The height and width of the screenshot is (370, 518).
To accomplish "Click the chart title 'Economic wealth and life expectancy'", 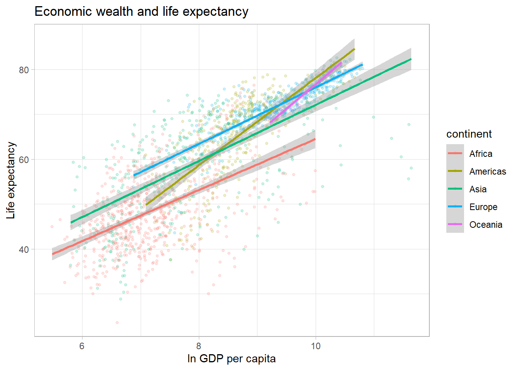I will click(x=141, y=12).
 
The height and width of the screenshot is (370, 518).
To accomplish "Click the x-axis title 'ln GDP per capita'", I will click(x=231, y=358).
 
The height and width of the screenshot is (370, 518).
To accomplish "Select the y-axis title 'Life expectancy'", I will click(x=11, y=180).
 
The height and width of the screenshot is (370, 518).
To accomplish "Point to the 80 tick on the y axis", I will click(x=24, y=70).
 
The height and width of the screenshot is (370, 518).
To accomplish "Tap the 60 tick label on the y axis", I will click(x=24, y=160).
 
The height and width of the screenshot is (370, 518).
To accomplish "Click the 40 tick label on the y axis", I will click(x=24, y=249).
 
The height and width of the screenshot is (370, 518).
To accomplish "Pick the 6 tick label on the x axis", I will click(x=82, y=346).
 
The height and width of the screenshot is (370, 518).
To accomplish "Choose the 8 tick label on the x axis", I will click(x=199, y=346).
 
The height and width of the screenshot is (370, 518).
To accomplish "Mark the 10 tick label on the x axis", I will click(x=316, y=346).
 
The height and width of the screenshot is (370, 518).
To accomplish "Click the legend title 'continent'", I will click(x=469, y=134).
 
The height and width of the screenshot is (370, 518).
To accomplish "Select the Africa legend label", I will click(x=481, y=154).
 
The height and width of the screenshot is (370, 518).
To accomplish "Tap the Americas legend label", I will click(x=488, y=172).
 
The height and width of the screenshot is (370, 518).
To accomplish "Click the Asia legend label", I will click(x=478, y=189).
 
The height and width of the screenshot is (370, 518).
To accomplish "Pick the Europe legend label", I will click(x=483, y=207).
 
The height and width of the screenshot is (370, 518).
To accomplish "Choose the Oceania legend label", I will click(x=486, y=225).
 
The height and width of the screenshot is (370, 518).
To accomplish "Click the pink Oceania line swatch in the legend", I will click(x=455, y=225).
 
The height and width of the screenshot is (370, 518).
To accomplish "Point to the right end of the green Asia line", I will click(x=411, y=59).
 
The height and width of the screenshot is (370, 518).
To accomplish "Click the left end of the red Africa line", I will click(x=53, y=254).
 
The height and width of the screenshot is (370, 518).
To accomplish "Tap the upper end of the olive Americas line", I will click(x=354, y=49).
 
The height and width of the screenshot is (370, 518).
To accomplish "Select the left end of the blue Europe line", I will click(x=134, y=176).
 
